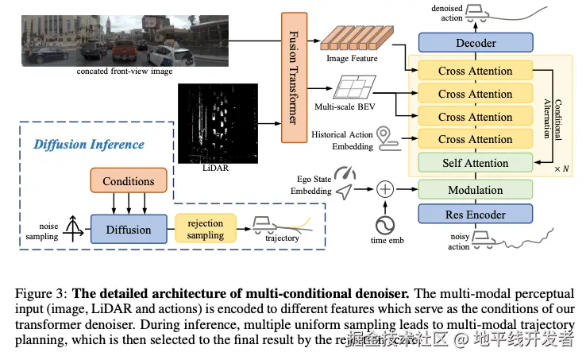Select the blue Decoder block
pos(476,43)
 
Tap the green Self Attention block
pos(475,163)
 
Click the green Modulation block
pos(475,190)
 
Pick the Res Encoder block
pos(475,215)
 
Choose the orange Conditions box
pos(128,181)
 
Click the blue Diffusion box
pos(128,230)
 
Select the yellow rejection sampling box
pos(205,229)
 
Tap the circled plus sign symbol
pos(384,190)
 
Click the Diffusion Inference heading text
pos(88,144)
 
